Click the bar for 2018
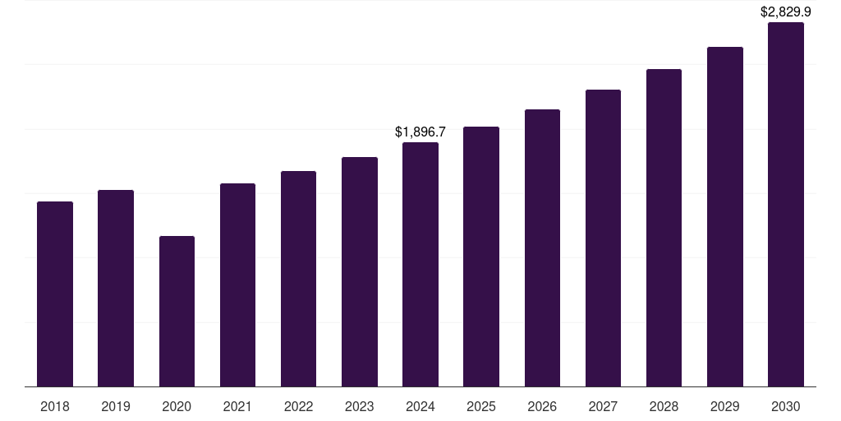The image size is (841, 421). coord(55,294)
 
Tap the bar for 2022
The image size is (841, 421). coord(298,279)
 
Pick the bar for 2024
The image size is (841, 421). coord(420,264)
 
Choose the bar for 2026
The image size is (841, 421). coord(542,248)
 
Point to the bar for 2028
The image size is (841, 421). coord(664,228)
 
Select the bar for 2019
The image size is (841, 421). coord(116,288)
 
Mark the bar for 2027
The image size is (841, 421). coord(603,238)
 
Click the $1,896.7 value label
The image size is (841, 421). coord(420,132)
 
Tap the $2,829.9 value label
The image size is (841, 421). coord(786,12)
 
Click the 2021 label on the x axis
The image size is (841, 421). coord(237,406)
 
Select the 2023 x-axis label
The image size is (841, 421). coord(360,406)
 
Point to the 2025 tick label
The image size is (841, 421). coord(481,406)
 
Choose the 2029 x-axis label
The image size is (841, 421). coord(724,406)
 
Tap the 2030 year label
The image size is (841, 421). coord(786,406)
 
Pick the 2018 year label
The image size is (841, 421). coord(55,406)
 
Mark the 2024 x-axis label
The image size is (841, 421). coord(420,406)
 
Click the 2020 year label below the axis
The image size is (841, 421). coord(177,406)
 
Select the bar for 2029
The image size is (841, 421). coord(724,216)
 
